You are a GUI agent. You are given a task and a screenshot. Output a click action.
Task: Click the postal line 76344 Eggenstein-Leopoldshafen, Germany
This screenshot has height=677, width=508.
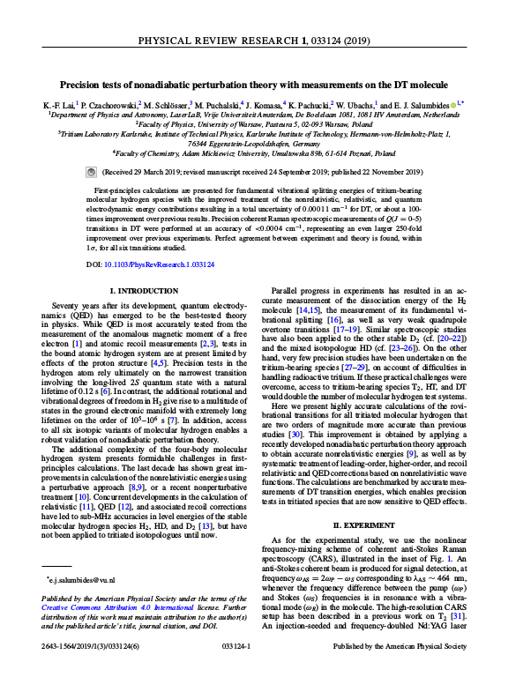[254, 143]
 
